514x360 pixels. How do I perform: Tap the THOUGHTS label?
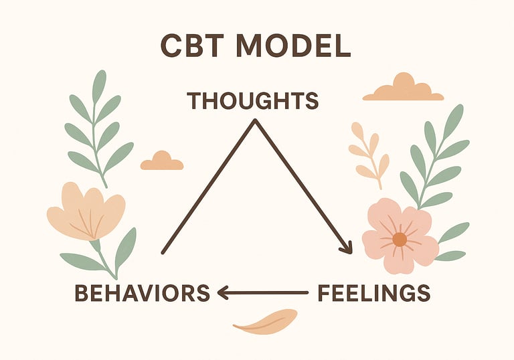pyautogui.click(x=252, y=101)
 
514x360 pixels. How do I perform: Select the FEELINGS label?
pyautogui.click(x=373, y=293)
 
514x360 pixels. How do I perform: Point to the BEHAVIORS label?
pyautogui.click(x=142, y=293)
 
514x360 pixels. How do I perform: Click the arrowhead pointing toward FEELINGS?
pyautogui.click(x=347, y=248)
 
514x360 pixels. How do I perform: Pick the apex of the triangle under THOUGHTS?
pyautogui.click(x=254, y=121)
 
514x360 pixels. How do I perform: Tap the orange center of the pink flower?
pyautogui.click(x=400, y=239)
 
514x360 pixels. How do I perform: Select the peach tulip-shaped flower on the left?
pyautogui.click(x=86, y=211)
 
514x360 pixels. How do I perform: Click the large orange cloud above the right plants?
pyautogui.click(x=403, y=88)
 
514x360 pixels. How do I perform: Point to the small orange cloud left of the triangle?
pyautogui.click(x=161, y=161)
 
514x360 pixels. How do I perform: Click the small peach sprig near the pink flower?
pyautogui.click(x=369, y=154)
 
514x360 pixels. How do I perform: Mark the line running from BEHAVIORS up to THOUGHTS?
pyautogui.click(x=207, y=187)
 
